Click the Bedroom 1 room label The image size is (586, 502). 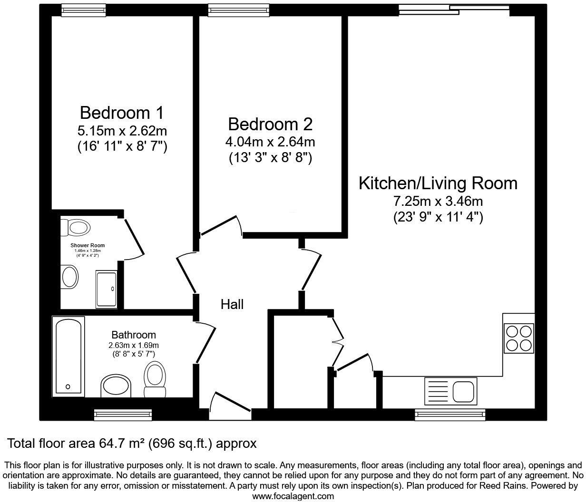122,113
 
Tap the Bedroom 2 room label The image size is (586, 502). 270,125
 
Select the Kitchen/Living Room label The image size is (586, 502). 438,183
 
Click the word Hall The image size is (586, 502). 232,304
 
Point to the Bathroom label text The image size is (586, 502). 134,335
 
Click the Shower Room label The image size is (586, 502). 88,245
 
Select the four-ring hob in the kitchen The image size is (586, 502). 519,338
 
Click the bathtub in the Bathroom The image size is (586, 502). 70,356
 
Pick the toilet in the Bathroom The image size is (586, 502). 155,379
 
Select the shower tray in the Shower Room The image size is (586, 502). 106,289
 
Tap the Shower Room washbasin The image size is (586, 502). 70,276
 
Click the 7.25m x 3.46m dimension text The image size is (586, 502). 438,202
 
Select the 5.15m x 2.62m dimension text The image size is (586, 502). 122,130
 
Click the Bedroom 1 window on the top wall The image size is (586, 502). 77,10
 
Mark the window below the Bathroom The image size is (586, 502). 123,415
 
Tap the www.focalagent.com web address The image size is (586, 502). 293,496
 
